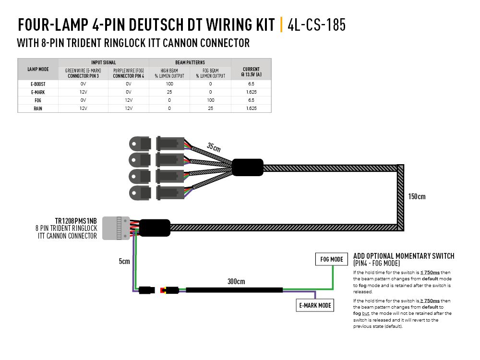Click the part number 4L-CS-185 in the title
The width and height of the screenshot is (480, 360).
(316, 24)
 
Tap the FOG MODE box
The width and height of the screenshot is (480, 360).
(331, 260)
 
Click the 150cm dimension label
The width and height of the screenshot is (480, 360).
(416, 196)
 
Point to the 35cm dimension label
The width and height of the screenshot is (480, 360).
(214, 146)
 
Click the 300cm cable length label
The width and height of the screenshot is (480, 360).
(237, 281)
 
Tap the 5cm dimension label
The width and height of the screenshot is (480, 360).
(124, 262)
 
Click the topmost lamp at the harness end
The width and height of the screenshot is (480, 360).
(140, 143)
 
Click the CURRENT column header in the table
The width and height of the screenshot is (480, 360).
(251, 72)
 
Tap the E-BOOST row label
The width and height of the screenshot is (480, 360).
(38, 84)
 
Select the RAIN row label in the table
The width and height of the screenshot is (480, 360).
(38, 108)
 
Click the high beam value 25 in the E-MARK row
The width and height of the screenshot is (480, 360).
(169, 92)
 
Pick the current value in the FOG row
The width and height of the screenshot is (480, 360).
(251, 100)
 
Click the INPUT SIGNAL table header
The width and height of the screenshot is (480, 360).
(103, 62)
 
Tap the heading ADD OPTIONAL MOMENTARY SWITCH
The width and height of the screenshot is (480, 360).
(403, 256)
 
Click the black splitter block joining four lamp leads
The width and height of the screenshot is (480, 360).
(248, 168)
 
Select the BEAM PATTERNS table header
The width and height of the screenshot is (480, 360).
(190, 62)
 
